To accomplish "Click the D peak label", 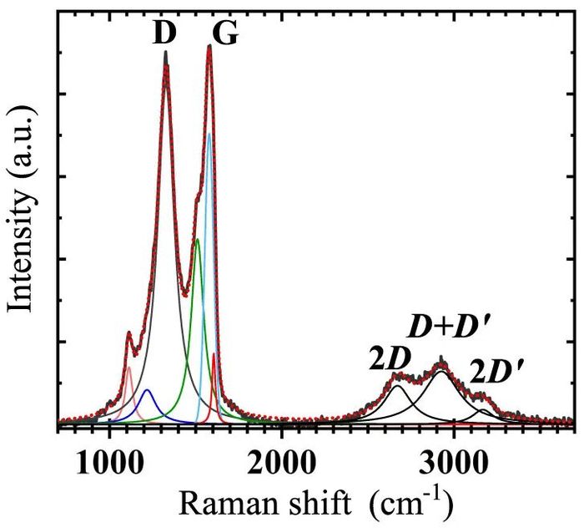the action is point(164,33).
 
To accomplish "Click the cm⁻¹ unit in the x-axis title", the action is point(410,503).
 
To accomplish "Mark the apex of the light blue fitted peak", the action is point(209,134).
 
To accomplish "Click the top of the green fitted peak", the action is point(198,239).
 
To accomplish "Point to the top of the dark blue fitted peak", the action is point(148,390).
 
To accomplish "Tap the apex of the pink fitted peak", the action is point(128,368).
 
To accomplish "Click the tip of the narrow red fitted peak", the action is point(214,353).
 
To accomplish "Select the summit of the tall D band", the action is point(166,52).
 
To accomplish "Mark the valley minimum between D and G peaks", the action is point(184,295).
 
